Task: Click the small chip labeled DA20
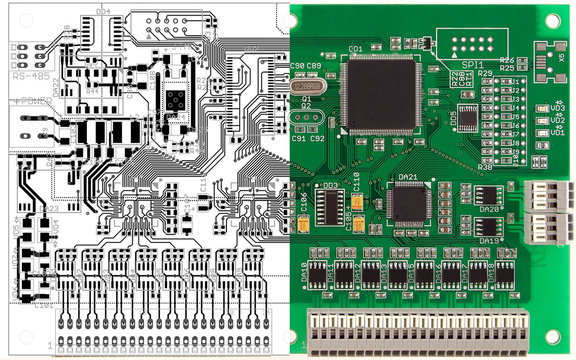(x=490, y=196)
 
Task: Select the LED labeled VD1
(x=541, y=131)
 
